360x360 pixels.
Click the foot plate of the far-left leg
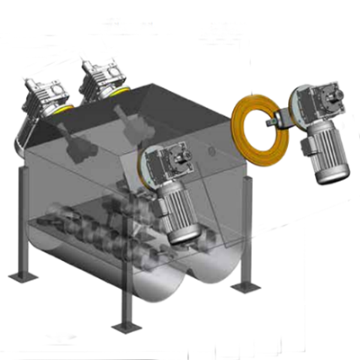click(x=19, y=273)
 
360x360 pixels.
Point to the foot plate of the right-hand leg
click(x=245, y=287)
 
